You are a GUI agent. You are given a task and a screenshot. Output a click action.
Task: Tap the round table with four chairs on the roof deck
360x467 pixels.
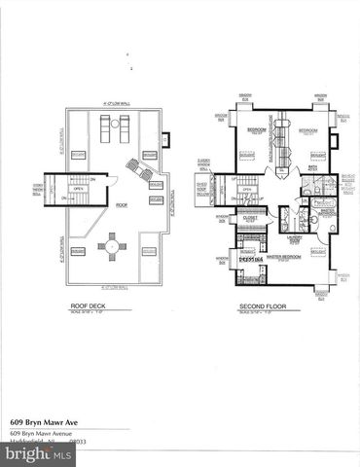(112, 249)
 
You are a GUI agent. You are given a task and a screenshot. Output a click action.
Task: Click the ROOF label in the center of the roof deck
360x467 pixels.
(123, 205)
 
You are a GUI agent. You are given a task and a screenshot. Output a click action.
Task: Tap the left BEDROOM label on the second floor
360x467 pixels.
(257, 129)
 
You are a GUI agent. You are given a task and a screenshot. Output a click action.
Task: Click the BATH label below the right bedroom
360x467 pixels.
(313, 167)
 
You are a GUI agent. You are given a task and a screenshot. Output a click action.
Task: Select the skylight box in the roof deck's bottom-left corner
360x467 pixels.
(77, 252)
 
